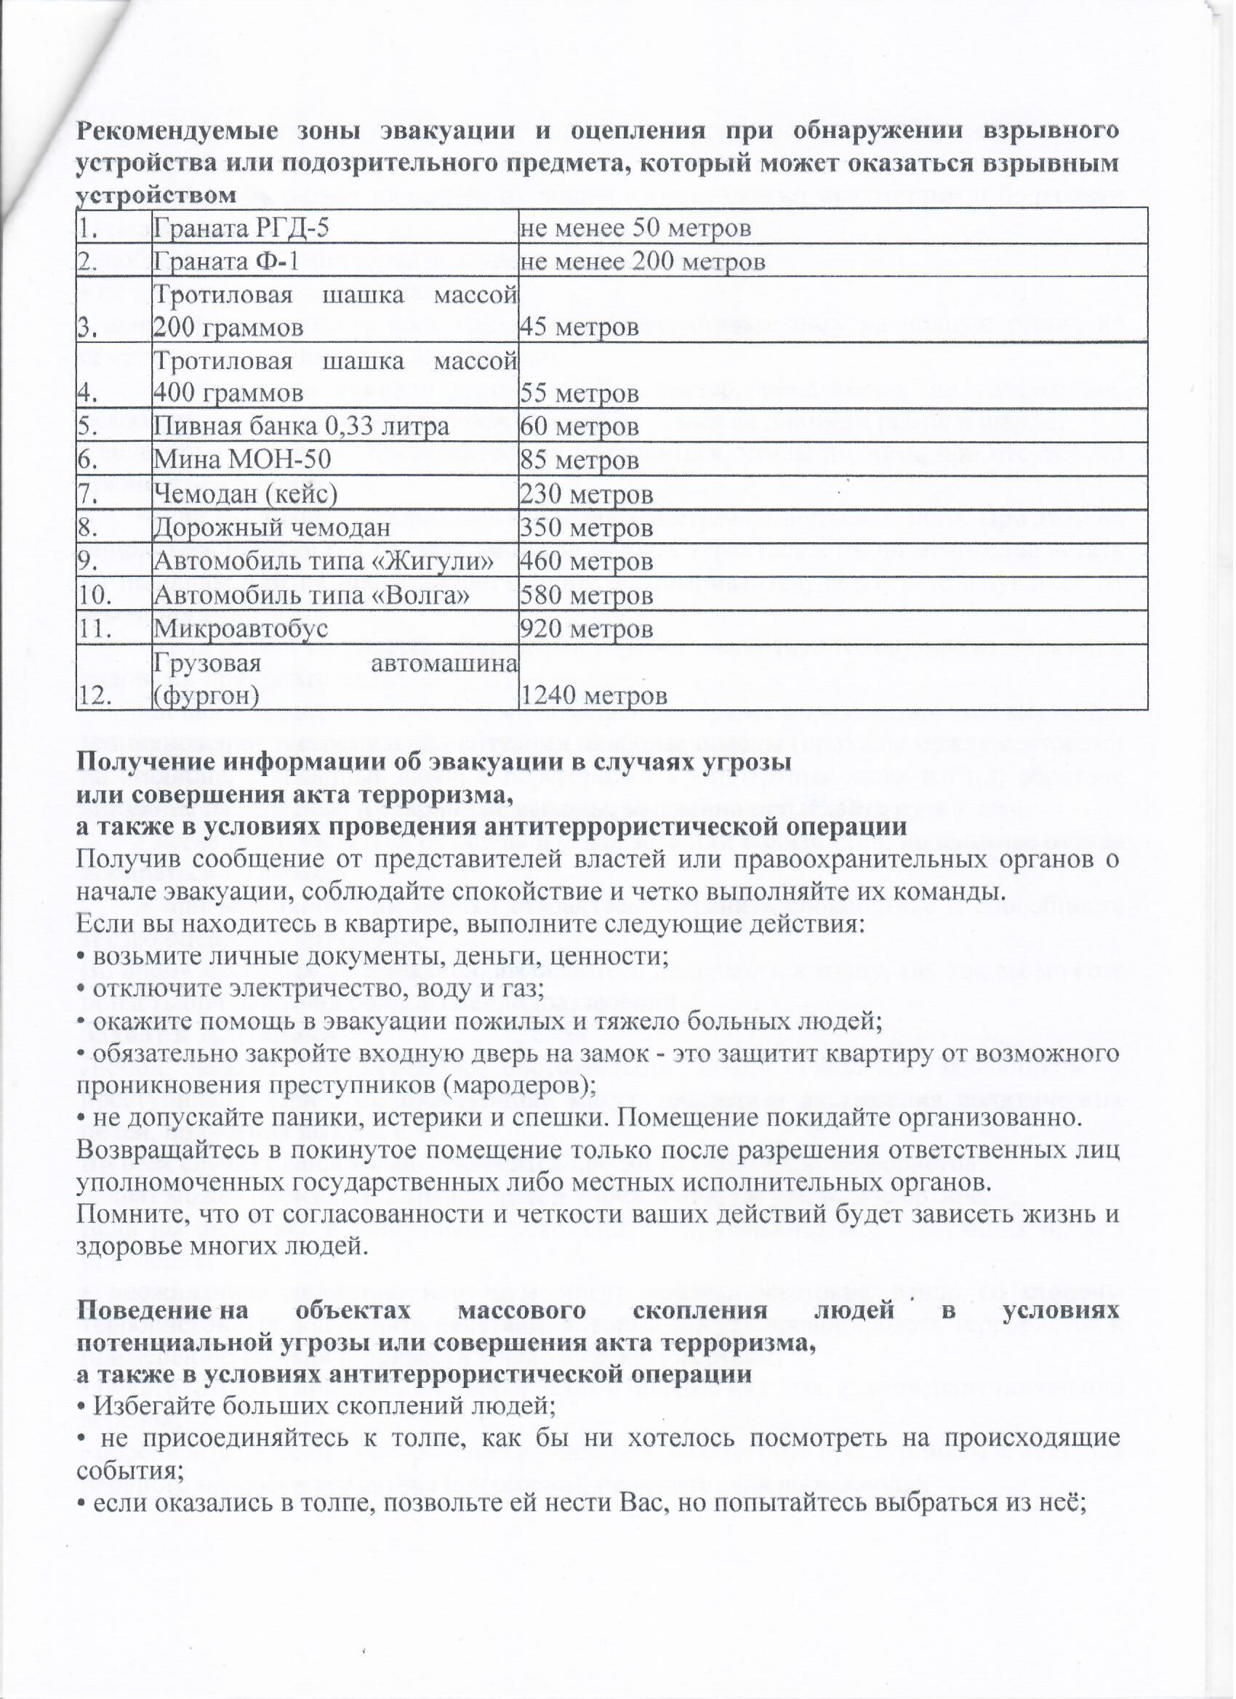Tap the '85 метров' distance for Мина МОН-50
(x=579, y=461)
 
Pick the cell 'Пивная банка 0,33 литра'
(x=301, y=427)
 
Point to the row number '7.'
(x=89, y=495)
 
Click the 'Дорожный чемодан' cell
(x=271, y=528)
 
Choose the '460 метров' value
(x=586, y=562)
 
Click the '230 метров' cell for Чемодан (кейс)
(x=586, y=495)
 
